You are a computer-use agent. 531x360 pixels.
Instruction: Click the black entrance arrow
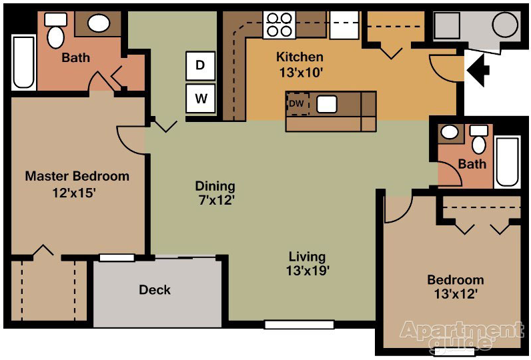point(478,69)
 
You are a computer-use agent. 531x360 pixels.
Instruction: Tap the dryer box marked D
point(200,65)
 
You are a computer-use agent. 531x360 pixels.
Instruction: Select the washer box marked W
point(200,100)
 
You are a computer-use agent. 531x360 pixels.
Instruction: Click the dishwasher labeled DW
point(297,104)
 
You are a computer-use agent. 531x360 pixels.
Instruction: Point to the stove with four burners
point(279,25)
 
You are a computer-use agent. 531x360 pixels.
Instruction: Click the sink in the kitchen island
point(327,105)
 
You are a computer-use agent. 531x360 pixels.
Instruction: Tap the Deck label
point(155,290)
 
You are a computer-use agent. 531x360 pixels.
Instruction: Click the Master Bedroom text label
point(77,177)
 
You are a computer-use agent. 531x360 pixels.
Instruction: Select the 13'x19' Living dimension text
point(308,271)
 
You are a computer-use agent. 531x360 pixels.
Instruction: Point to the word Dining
point(215,186)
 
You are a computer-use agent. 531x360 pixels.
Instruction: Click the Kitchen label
point(300,57)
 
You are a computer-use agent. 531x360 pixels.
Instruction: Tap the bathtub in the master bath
point(23,63)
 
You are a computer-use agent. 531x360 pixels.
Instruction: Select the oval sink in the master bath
point(99,25)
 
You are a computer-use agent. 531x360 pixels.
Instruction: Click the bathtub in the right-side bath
point(507,162)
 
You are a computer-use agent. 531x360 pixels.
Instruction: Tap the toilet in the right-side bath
point(478,141)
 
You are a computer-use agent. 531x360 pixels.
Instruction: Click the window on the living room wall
point(299,325)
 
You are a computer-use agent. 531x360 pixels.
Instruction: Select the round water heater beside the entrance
point(504,26)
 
